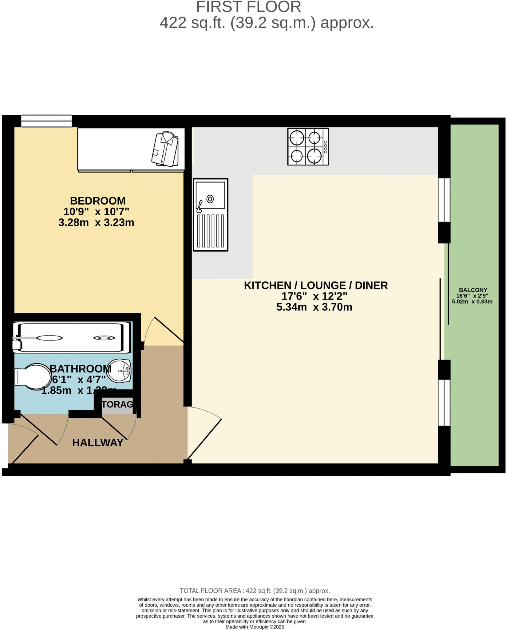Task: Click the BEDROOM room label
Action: [98, 201]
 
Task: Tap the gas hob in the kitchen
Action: [308, 146]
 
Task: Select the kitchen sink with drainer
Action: [211, 214]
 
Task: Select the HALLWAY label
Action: [98, 443]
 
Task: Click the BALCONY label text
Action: [473, 290]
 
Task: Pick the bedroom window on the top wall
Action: [46, 121]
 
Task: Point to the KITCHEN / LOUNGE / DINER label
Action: [316, 285]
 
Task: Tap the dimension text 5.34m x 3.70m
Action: [314, 307]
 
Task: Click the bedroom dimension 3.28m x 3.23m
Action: [96, 222]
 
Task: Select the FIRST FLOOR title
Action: [248, 7]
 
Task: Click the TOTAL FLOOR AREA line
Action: [255, 591]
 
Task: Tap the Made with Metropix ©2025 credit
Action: [255, 627]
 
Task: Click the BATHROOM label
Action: [81, 369]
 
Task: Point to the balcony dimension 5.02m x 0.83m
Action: [472, 301]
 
